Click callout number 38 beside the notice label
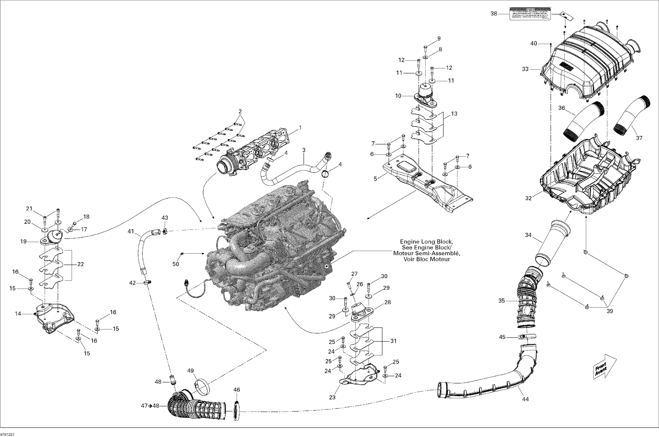[494, 13]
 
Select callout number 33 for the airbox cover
[525, 69]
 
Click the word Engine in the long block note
[410, 242]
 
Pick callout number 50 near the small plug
[176, 264]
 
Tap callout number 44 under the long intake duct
[525, 399]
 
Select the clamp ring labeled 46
[237, 411]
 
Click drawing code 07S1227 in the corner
[7, 434]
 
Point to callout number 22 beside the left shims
[80, 264]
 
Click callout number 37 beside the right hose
[639, 138]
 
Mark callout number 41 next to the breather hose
[131, 231]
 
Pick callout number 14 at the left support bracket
[18, 314]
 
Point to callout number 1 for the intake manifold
[300, 128]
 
